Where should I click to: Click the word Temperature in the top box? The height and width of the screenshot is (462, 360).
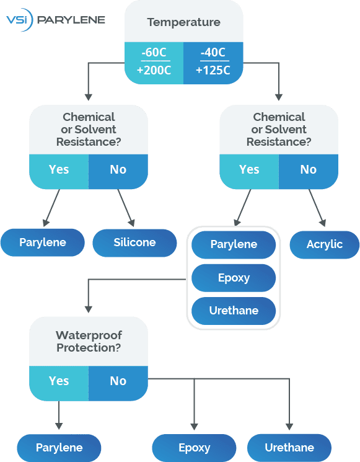click(183, 22)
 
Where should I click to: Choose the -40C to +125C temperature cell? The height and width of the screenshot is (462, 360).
click(213, 62)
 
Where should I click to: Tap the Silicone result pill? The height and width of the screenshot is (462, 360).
click(134, 242)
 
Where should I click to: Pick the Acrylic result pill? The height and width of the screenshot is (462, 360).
click(324, 244)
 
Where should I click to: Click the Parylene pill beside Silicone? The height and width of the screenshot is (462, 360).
click(42, 242)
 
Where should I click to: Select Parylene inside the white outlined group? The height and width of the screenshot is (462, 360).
click(234, 244)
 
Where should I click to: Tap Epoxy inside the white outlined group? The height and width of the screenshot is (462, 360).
click(234, 278)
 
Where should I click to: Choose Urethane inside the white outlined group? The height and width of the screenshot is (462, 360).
click(234, 311)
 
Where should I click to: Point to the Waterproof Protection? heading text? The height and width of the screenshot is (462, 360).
click(89, 342)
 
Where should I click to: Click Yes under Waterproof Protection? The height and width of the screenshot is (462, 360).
click(59, 381)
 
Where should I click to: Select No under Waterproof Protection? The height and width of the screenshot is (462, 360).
click(118, 381)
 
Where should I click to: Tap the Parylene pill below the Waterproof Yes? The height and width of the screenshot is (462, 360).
click(59, 448)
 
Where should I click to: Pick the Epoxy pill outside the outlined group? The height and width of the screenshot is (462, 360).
click(194, 448)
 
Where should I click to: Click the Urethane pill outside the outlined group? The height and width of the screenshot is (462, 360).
click(289, 448)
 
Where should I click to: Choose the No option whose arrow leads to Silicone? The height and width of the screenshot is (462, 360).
click(118, 169)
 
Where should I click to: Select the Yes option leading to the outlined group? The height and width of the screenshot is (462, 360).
click(249, 169)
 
